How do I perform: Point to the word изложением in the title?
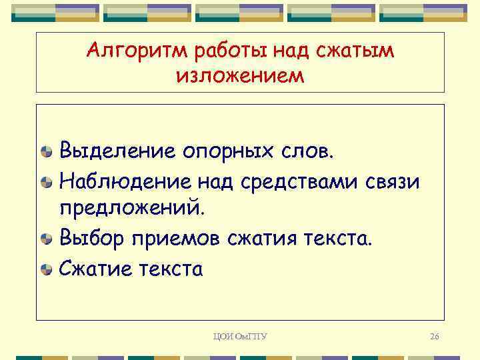click(240, 75)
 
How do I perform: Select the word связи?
click(394, 179)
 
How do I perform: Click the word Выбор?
click(91, 238)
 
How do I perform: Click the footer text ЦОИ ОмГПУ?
click(240, 337)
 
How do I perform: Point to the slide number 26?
click(434, 337)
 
